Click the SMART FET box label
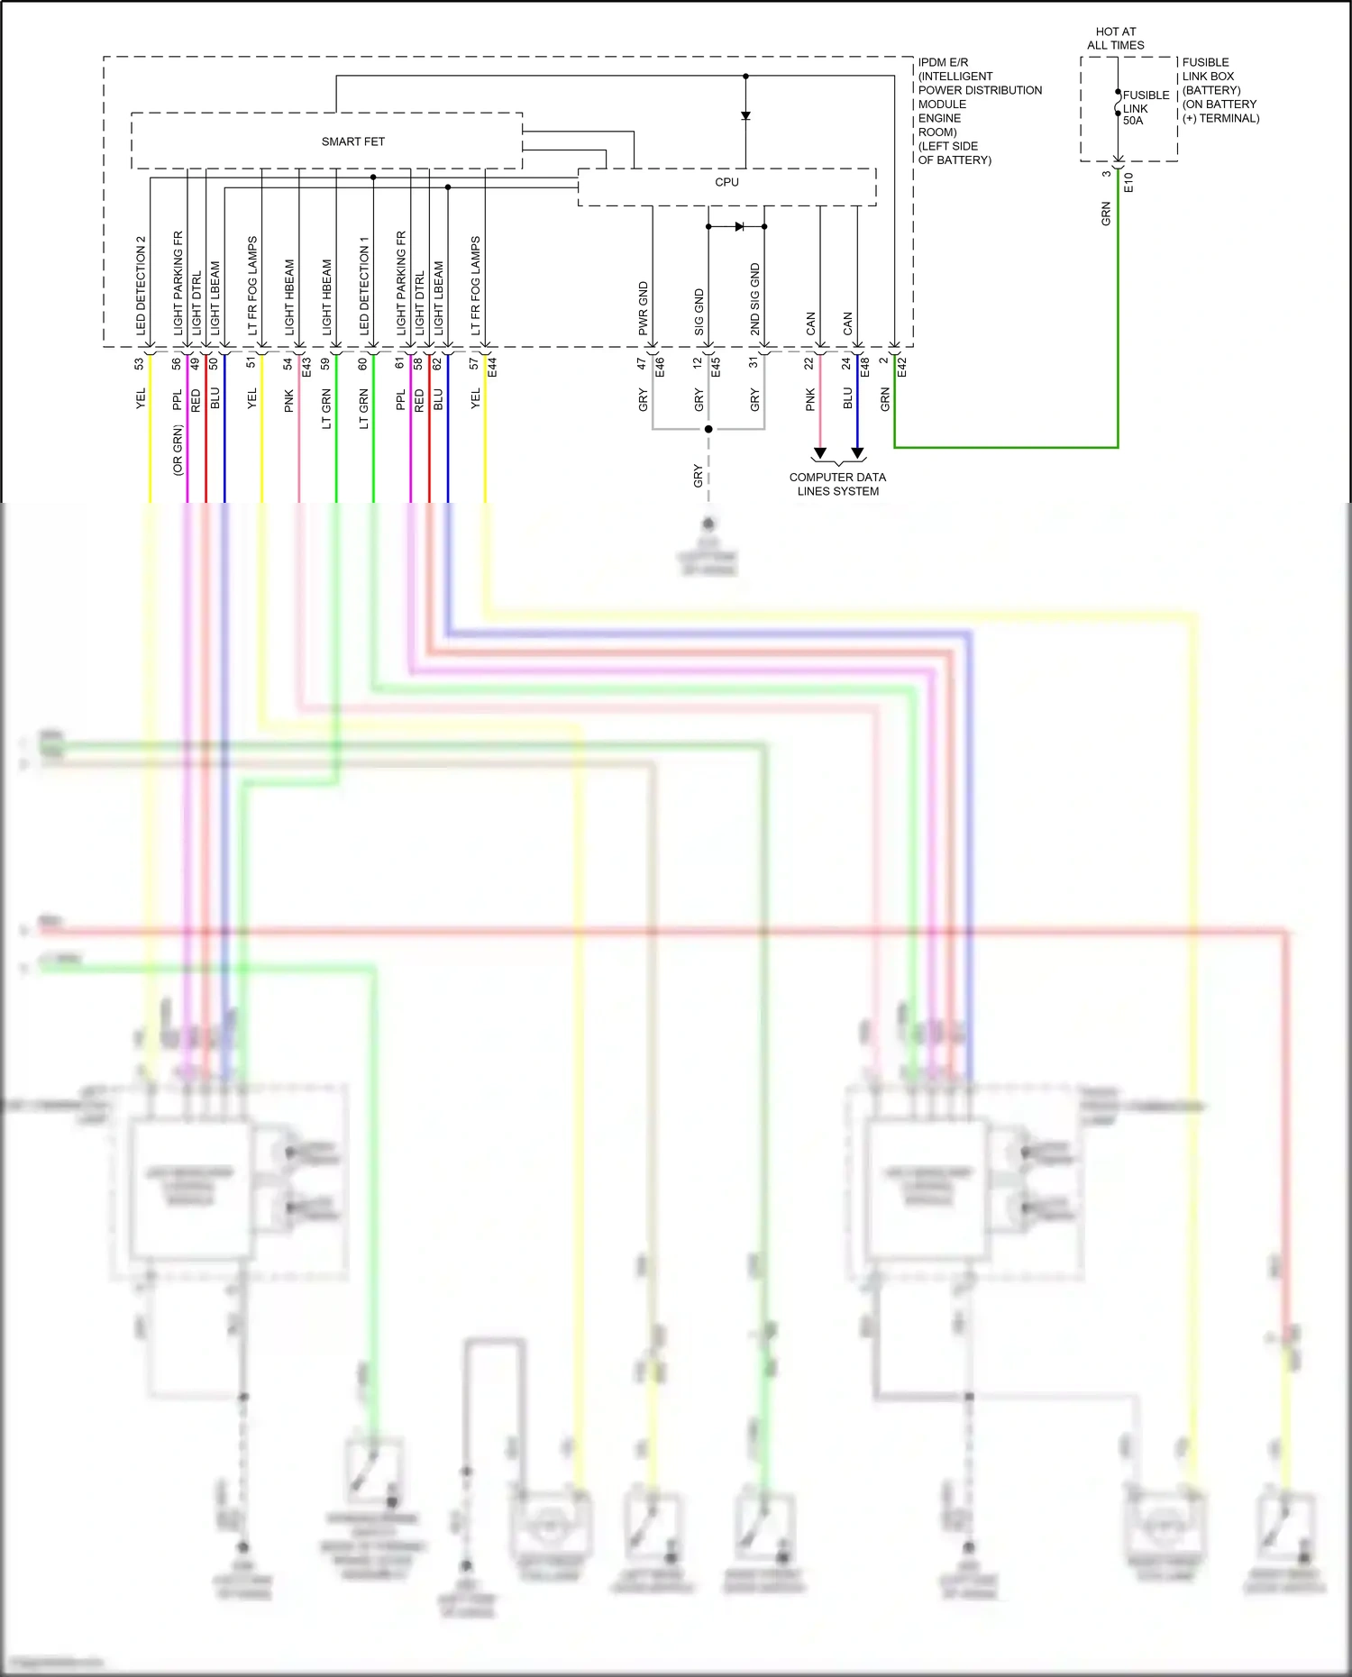click(352, 141)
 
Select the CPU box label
click(726, 182)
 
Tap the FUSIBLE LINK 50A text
click(1145, 107)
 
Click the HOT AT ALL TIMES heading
click(1115, 38)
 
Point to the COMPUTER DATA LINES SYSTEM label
click(837, 484)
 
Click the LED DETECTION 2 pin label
click(141, 286)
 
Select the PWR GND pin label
click(644, 308)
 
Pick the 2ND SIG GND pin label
click(755, 299)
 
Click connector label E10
click(1128, 182)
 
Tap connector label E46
click(660, 366)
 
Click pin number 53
click(139, 364)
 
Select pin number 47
click(642, 364)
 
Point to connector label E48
click(864, 366)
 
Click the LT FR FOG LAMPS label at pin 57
click(476, 286)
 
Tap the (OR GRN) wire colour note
click(178, 450)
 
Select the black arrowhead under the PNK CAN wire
click(819, 453)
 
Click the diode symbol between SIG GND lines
click(739, 226)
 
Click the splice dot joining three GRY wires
click(708, 429)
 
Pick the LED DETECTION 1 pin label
click(364, 286)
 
